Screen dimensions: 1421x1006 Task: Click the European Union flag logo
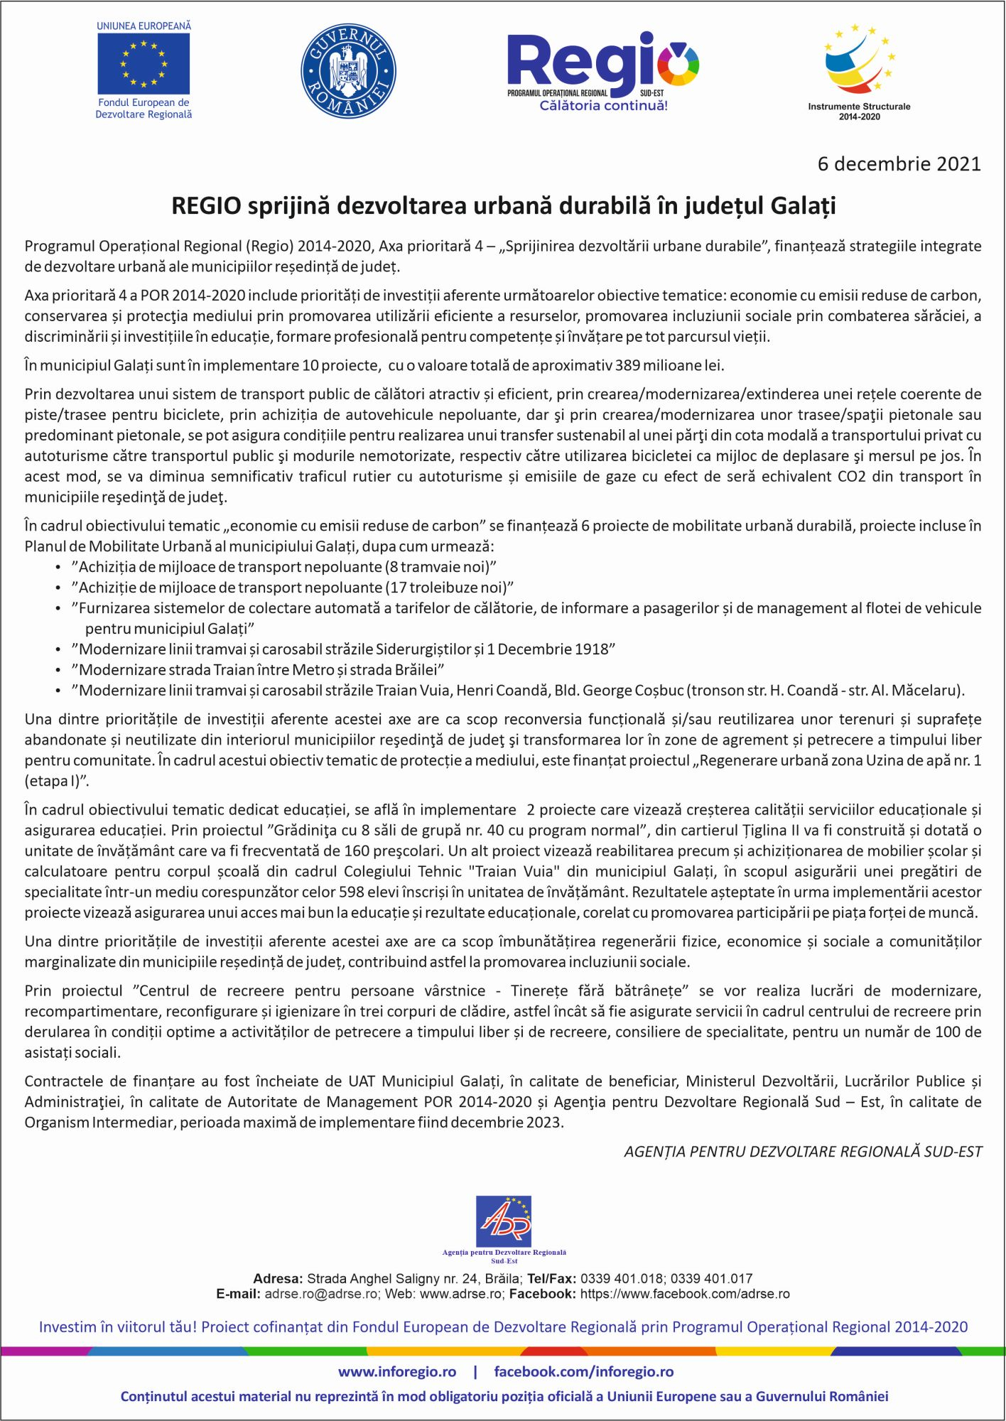(x=144, y=64)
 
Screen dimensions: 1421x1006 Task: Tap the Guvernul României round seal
(x=348, y=71)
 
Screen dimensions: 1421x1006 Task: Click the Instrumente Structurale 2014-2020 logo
(x=859, y=71)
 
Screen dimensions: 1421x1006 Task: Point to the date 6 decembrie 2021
(x=899, y=164)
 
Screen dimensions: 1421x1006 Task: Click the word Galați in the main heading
(x=803, y=206)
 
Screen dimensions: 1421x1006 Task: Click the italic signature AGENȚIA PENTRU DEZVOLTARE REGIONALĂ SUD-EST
(x=803, y=1152)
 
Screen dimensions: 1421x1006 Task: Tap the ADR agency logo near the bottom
(x=504, y=1222)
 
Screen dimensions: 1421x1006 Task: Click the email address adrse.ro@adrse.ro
(x=322, y=1294)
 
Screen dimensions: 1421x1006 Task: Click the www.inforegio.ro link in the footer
(x=396, y=1372)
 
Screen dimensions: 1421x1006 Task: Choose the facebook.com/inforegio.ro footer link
(x=583, y=1372)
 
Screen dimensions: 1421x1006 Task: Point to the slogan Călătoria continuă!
(x=603, y=106)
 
